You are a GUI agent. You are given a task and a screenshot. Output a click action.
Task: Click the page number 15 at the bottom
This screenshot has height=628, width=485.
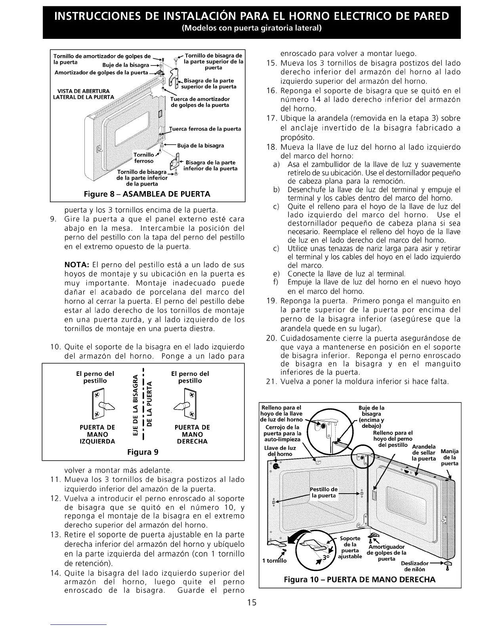252,603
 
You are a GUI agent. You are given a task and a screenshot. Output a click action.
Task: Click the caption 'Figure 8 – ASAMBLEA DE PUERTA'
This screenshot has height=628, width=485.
147,194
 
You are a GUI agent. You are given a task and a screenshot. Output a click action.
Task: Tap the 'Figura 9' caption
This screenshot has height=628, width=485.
143,452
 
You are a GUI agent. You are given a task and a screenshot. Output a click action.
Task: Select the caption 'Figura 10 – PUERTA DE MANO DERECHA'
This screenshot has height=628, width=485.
360,579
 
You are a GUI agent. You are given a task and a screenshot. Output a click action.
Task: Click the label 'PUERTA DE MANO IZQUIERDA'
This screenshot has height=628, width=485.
97,434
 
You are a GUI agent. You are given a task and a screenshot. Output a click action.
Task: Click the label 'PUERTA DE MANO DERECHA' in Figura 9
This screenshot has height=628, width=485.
192,434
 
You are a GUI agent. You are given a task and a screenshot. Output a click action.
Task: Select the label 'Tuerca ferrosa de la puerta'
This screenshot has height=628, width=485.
205,129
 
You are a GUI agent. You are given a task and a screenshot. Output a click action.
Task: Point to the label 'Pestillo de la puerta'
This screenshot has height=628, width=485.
324,492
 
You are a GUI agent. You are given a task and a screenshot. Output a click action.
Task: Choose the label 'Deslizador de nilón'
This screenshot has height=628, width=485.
414,566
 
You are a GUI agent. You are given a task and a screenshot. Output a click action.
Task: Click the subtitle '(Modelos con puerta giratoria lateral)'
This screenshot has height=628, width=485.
251,29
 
